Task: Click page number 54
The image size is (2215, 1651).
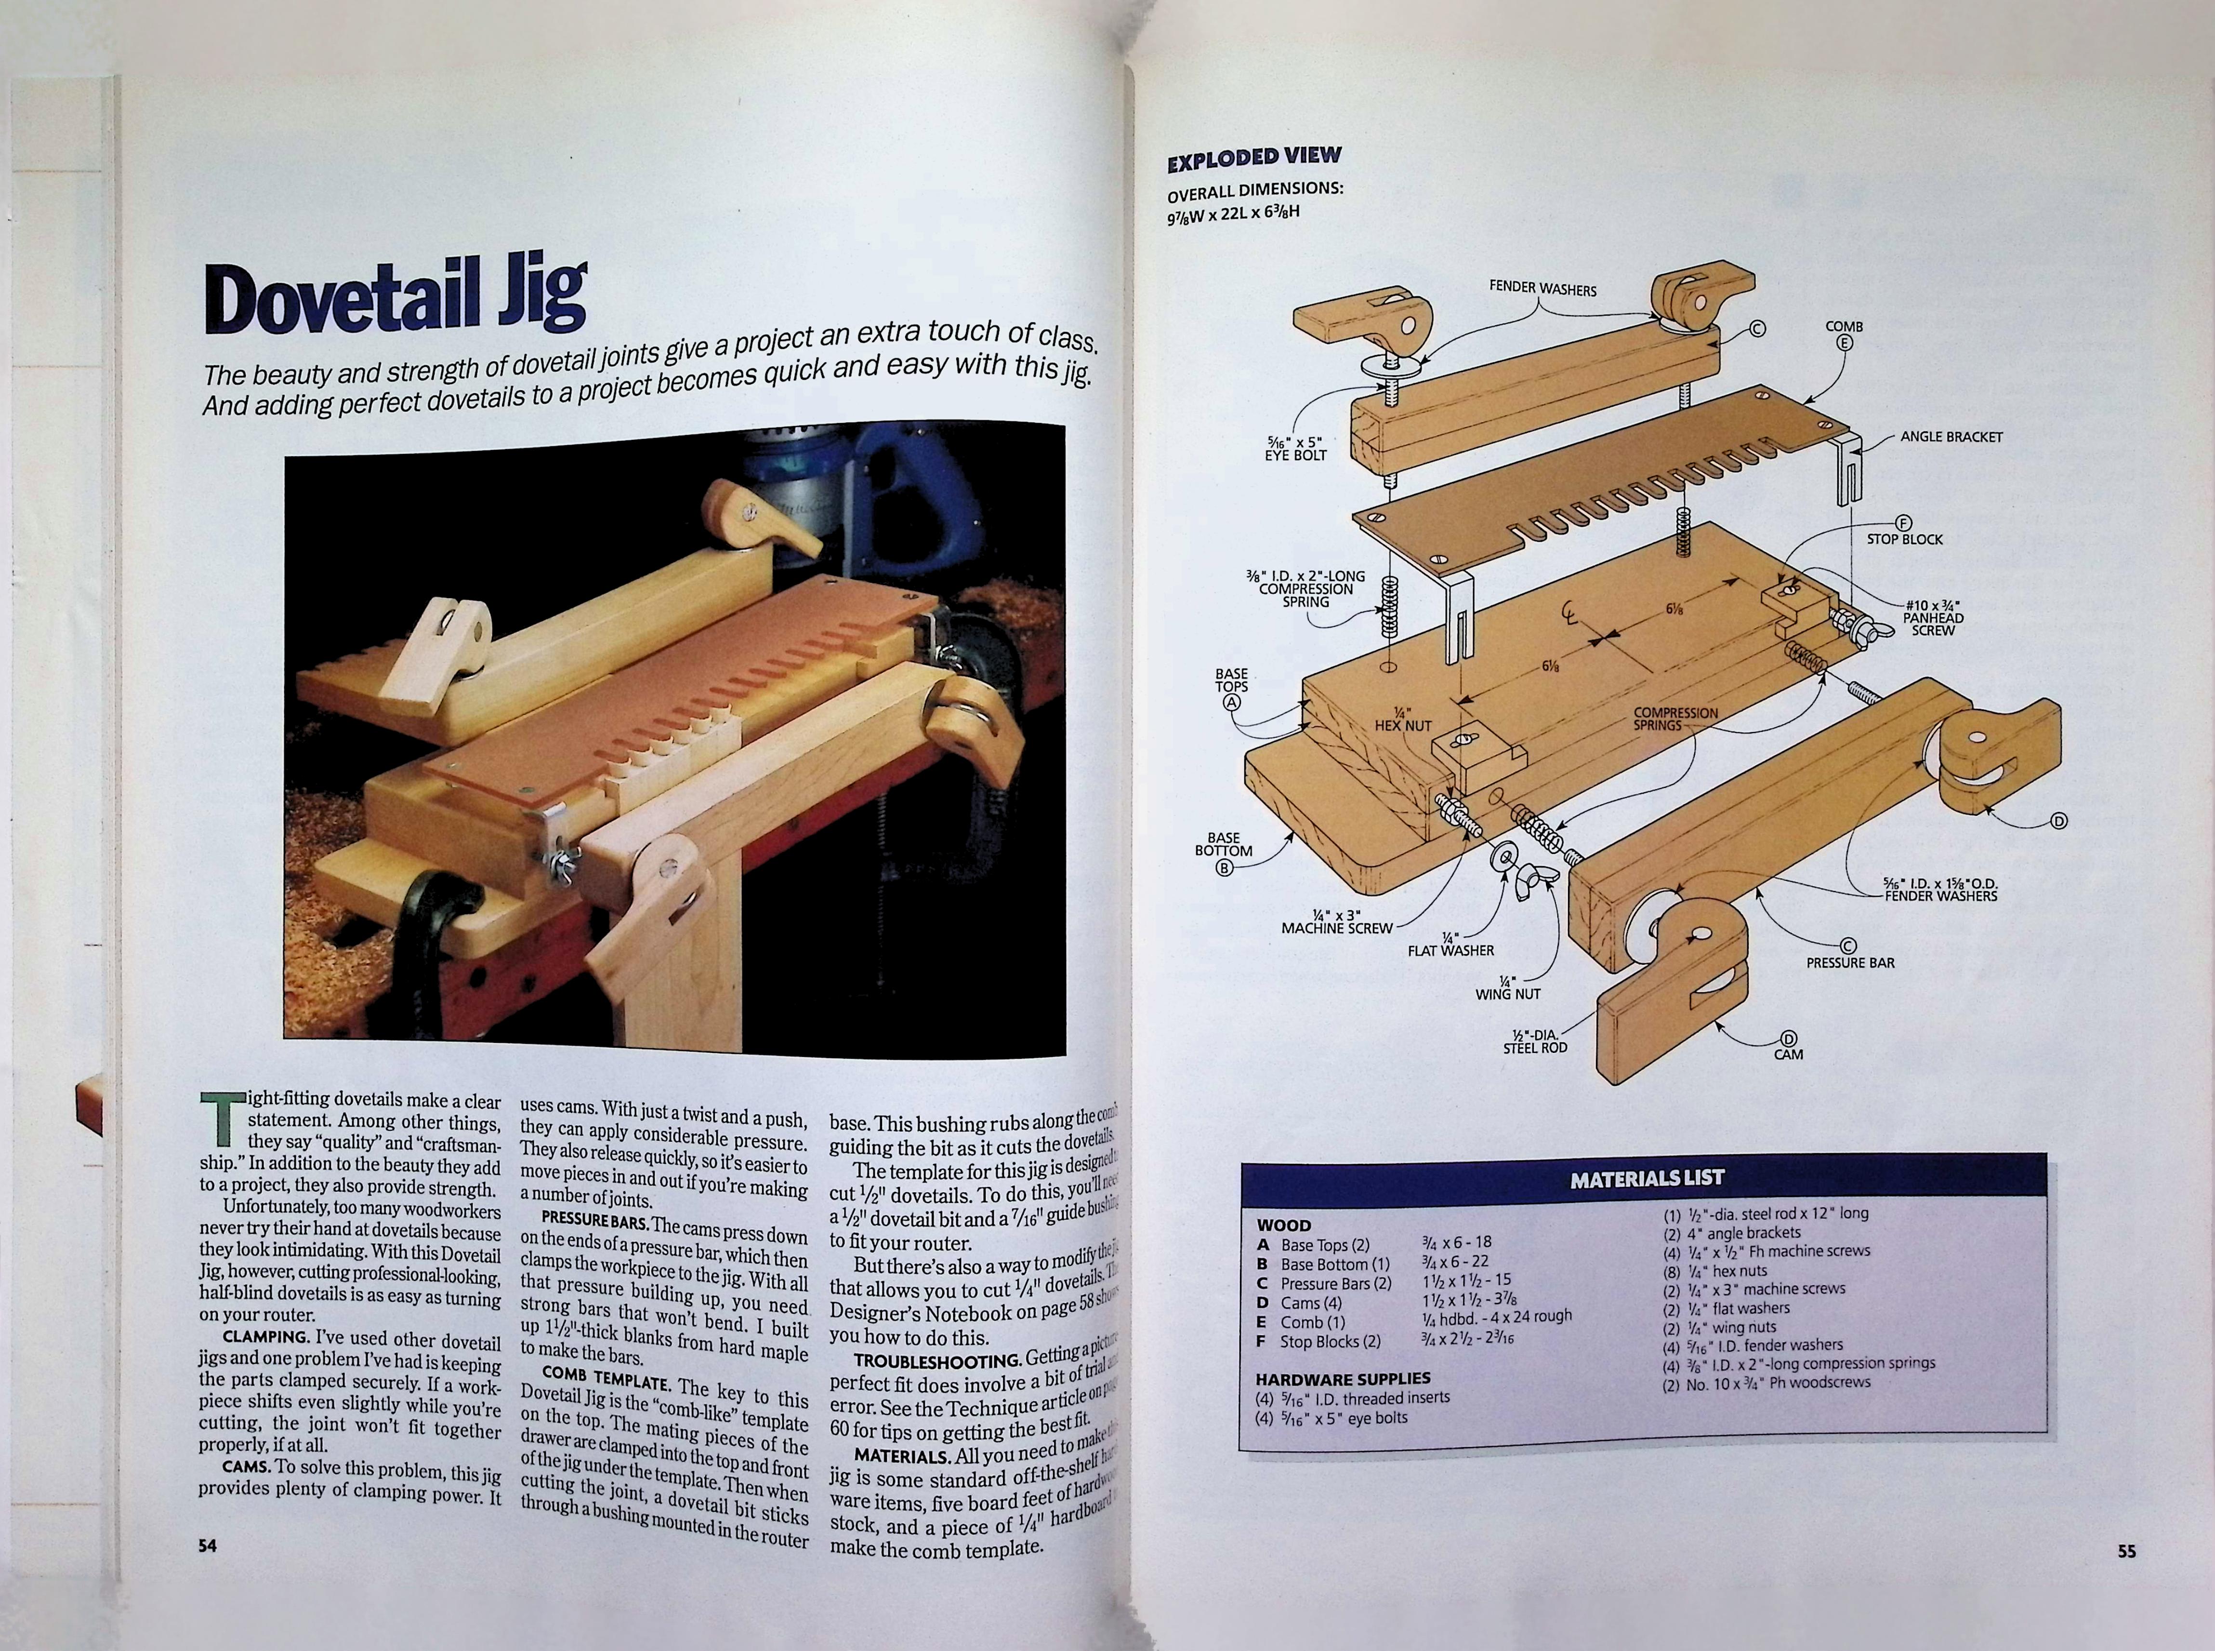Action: point(207,1545)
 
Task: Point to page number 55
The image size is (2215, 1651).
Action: point(2126,1551)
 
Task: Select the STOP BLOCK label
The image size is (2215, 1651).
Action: point(1904,539)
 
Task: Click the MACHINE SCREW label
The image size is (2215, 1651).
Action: point(1337,928)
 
